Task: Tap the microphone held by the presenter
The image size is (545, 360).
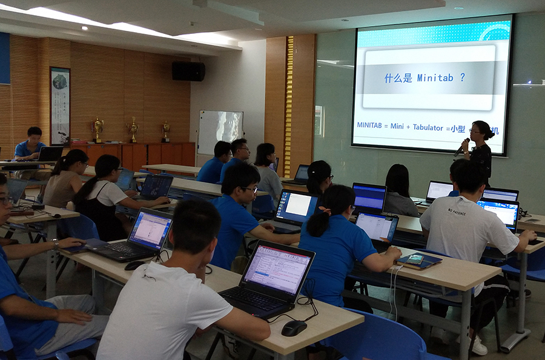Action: pyautogui.click(x=461, y=147)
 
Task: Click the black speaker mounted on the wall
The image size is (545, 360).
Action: pyautogui.click(x=188, y=71)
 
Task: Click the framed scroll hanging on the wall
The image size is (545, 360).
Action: pyautogui.click(x=60, y=105)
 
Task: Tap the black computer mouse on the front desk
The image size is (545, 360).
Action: pyautogui.click(x=294, y=328)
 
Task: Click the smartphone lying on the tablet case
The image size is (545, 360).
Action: pyautogui.click(x=415, y=259)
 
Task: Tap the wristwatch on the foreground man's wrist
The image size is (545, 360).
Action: pyautogui.click(x=56, y=244)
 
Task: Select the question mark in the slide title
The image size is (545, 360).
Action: pyautogui.click(x=462, y=78)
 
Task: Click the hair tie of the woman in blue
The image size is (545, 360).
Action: pyautogui.click(x=328, y=211)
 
